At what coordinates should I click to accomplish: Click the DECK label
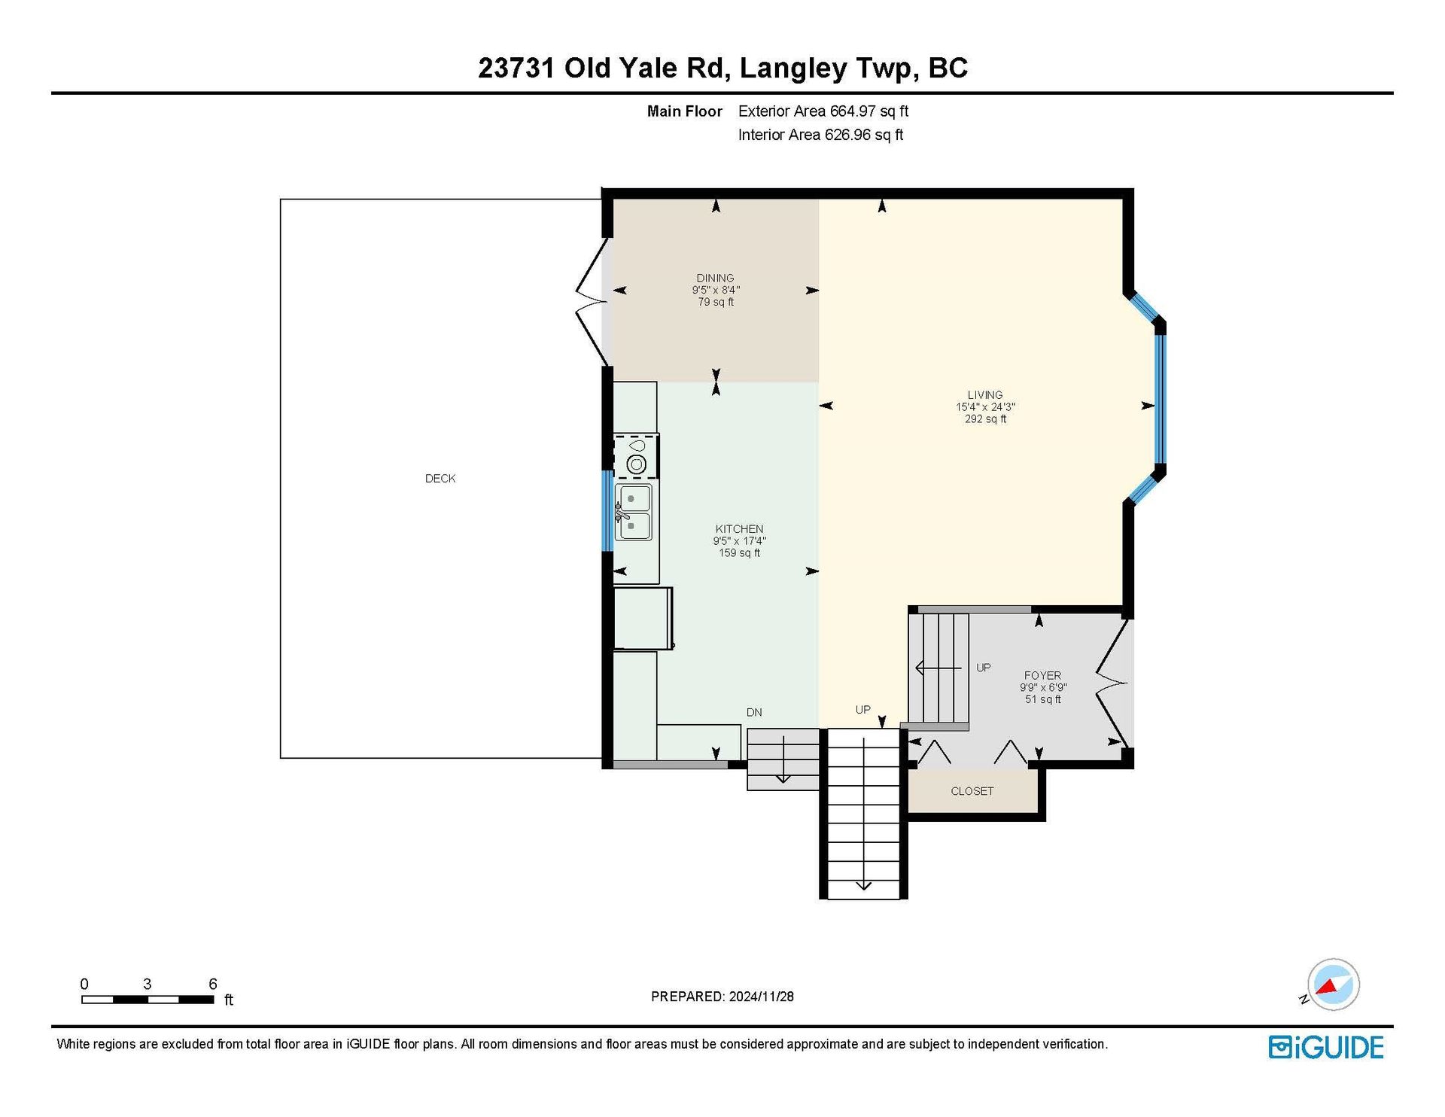coord(440,479)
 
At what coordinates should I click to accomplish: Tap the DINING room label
coord(715,278)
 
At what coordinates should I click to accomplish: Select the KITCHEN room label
coord(739,529)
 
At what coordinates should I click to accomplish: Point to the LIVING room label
coord(985,395)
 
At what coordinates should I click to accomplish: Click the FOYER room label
coord(1042,676)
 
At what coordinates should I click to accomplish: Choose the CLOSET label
coord(972,791)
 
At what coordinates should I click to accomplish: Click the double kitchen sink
coord(634,513)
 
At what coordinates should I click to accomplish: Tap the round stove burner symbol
coord(636,464)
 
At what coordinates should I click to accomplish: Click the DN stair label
coord(754,712)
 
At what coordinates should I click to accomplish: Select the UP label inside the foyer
coord(984,668)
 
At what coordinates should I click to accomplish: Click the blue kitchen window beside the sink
coord(607,511)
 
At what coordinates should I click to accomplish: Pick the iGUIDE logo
coord(1326,1048)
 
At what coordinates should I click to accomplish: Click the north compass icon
coord(1333,985)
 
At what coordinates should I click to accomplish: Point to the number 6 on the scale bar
coord(213,984)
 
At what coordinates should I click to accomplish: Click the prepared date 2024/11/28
coord(761,997)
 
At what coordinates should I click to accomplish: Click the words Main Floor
coord(685,111)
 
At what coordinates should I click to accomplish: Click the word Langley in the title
coord(793,69)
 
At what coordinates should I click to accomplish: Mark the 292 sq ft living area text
coord(985,419)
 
